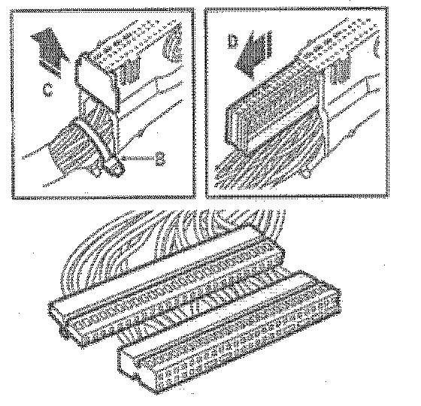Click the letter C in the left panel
click(x=47, y=89)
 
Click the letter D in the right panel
click(x=232, y=41)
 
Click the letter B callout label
click(x=160, y=158)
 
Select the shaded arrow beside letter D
click(x=254, y=55)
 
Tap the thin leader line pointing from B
click(x=136, y=158)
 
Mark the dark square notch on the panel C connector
click(x=130, y=71)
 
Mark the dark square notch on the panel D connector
click(x=341, y=69)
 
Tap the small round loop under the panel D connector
click(x=307, y=172)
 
